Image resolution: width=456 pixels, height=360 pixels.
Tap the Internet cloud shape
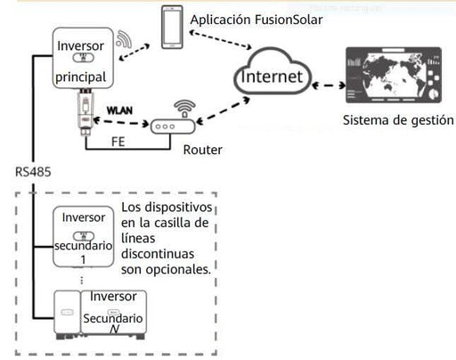click(x=274, y=78)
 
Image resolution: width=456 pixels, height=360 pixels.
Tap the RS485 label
click(x=30, y=168)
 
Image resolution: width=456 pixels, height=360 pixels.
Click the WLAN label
click(x=120, y=110)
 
